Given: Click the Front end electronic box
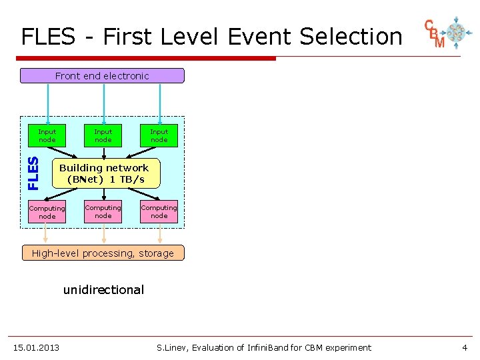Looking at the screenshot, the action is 102,75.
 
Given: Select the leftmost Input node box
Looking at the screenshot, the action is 47,135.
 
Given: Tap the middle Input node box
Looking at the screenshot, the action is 103,135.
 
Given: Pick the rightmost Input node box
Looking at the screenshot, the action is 159,135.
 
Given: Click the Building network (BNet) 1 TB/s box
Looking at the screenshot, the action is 104,173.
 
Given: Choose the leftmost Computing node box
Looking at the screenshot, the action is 47,212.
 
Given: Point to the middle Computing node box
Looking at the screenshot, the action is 103,211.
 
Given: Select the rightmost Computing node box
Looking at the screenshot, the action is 159,211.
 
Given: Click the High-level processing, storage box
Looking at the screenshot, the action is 103,253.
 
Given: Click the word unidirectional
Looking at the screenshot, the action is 103,290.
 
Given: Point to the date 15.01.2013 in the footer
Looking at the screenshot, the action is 36,347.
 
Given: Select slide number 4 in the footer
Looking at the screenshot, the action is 465,347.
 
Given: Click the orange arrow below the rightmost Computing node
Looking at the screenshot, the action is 159,234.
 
